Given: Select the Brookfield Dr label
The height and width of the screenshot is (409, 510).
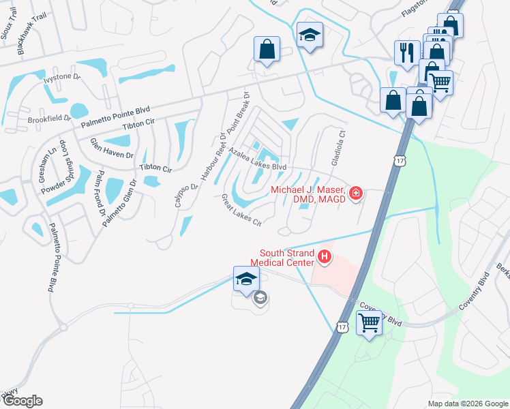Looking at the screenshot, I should point(49,118).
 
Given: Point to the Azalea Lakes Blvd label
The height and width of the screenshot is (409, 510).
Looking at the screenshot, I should point(257,159).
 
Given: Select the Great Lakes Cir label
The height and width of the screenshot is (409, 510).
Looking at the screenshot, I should point(241,211).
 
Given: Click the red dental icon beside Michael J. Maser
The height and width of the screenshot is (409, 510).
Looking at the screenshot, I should point(355,194).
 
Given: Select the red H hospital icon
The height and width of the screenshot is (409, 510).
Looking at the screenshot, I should point(325,257).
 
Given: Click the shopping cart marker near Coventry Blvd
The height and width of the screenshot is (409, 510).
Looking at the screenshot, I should point(369,322).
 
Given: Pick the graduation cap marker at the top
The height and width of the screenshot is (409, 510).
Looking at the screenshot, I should point(310,34).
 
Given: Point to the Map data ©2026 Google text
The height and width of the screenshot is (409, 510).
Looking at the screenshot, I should point(467,404).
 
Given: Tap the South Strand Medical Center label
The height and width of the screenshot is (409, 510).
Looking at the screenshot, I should point(282,257).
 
